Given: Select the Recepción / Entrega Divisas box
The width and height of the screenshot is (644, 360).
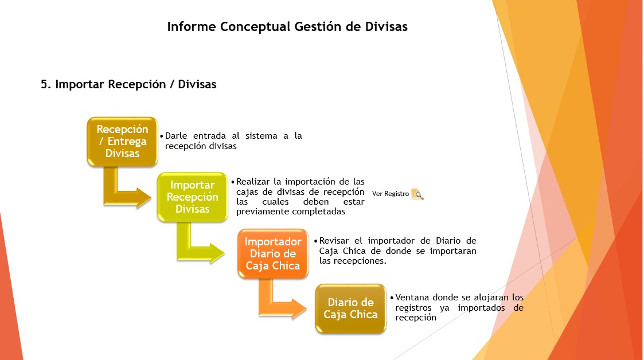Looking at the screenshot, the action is (x=122, y=142).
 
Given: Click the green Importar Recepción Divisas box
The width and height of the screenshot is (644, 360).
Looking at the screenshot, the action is (x=192, y=197).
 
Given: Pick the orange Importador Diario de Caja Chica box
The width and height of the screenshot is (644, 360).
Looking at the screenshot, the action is (x=273, y=254).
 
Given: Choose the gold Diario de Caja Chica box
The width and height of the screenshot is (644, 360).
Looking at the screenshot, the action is (x=350, y=308).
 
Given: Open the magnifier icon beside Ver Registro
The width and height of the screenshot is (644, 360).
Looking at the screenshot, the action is (x=417, y=194).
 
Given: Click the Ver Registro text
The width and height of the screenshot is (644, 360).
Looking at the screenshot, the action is (x=391, y=194).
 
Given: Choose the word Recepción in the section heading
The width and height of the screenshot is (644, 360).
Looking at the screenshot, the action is (x=136, y=85).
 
